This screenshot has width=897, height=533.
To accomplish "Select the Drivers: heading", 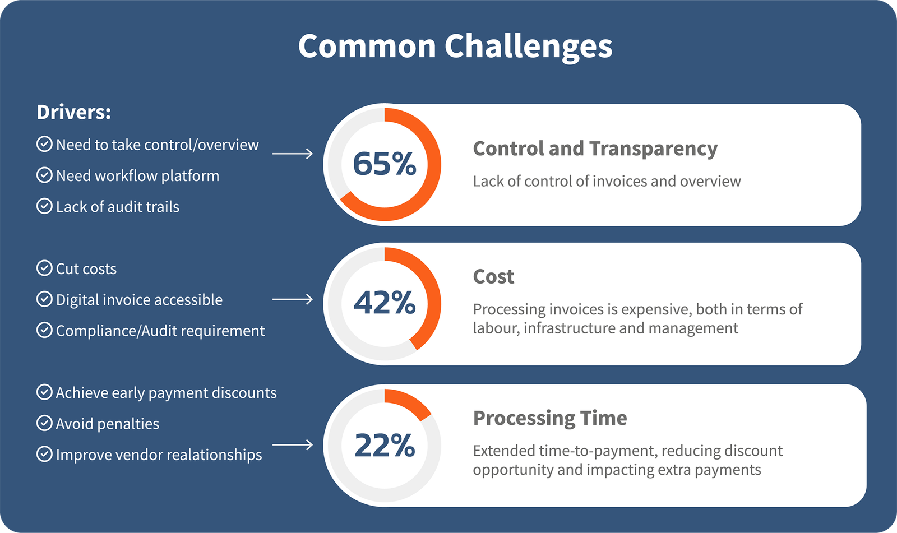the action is click(x=73, y=112).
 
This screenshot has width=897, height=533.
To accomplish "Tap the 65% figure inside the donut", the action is click(x=385, y=164).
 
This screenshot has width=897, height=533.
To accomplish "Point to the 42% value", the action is click(x=385, y=303).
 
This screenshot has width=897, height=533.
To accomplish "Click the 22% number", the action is click(x=385, y=446).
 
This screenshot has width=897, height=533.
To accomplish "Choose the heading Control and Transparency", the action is click(x=595, y=149).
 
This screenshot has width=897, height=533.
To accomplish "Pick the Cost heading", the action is click(x=493, y=276).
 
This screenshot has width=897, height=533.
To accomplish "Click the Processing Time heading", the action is click(x=550, y=419).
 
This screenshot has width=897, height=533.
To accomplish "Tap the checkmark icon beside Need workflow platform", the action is click(x=44, y=175).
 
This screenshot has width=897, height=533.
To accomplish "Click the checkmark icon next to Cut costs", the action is click(x=44, y=268).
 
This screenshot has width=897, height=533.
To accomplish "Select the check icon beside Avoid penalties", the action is click(x=44, y=423).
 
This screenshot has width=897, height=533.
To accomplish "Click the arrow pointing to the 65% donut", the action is click(x=292, y=154).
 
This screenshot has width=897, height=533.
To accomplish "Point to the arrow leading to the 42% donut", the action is click(x=292, y=299).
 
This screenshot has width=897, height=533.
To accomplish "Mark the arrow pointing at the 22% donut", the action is click(x=292, y=445).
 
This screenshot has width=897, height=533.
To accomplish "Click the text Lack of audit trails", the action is click(x=117, y=207).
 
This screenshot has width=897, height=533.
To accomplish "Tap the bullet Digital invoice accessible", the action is click(x=139, y=300).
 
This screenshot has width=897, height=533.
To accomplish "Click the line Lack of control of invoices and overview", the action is click(x=607, y=182).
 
